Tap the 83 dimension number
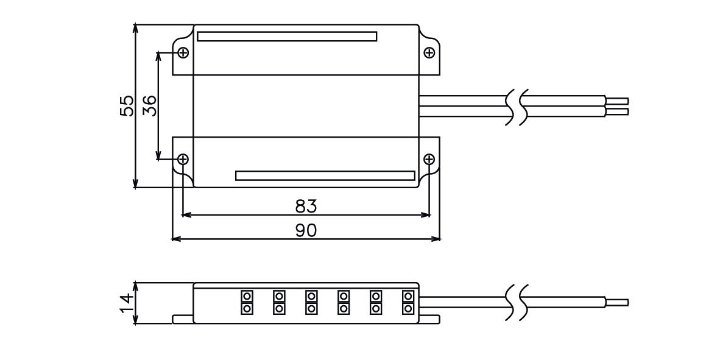coord(306,206)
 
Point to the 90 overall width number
coord(306,230)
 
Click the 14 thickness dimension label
coord(125,303)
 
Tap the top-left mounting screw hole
coord(183,52)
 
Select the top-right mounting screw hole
coord(429,53)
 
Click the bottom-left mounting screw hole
coord(183,160)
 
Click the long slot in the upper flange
coord(287,37)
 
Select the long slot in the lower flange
coord(325,175)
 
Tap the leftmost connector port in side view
coord(247,303)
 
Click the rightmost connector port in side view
coord(408,303)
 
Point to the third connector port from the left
coord(311,303)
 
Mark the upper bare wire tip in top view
coord(616,100)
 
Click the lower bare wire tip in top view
coord(616,111)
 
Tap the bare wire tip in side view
coord(616,302)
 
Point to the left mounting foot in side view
coord(183,319)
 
